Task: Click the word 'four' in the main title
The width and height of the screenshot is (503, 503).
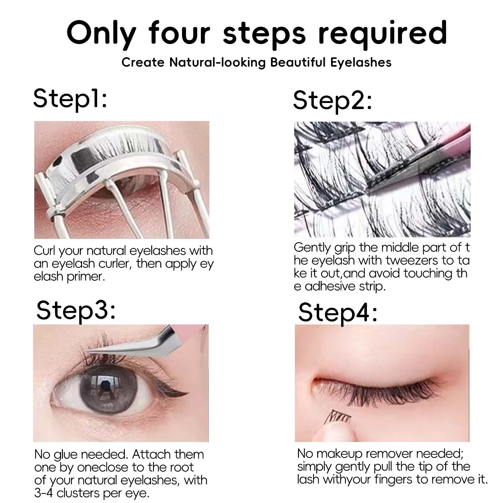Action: (180, 33)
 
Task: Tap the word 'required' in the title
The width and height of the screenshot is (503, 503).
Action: (383, 33)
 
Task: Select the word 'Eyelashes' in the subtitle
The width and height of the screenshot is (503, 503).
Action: (361, 62)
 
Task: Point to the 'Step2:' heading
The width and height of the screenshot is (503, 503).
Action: (333, 100)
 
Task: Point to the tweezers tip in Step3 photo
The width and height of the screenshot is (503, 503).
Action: (90, 353)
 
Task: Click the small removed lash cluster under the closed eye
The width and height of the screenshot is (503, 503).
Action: (339, 417)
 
